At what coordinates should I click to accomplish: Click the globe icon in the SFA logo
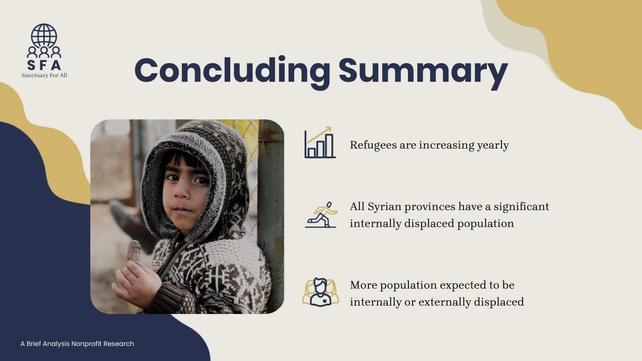44,35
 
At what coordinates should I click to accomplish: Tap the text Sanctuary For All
44,75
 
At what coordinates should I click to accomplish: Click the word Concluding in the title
232,71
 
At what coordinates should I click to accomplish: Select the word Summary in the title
423,71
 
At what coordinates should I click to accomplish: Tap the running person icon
321,215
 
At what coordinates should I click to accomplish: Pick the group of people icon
321,292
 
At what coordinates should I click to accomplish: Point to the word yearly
493,145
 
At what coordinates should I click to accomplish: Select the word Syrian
384,207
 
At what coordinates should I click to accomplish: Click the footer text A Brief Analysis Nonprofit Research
77,344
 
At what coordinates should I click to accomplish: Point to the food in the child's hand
133,251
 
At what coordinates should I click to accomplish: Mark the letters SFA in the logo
44,65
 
